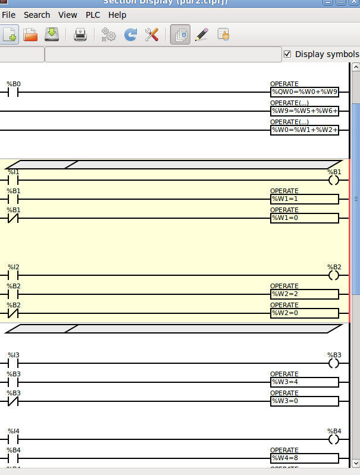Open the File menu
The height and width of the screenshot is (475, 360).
click(x=8, y=15)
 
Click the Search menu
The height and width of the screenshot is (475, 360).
click(x=37, y=15)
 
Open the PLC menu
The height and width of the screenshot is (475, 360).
click(x=93, y=15)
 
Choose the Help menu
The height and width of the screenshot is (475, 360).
click(x=117, y=15)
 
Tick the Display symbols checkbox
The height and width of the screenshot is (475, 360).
click(x=288, y=54)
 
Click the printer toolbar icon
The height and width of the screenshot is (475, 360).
click(x=80, y=35)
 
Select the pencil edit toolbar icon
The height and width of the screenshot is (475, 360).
click(x=201, y=35)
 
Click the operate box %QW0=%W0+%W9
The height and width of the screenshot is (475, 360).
click(x=304, y=92)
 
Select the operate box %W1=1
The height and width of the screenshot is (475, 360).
click(x=304, y=199)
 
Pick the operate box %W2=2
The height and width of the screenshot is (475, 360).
click(x=304, y=294)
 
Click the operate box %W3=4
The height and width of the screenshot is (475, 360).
click(x=304, y=382)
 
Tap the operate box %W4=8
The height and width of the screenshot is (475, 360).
click(x=304, y=458)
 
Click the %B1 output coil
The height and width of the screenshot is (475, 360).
click(x=334, y=180)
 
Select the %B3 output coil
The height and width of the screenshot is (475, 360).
click(x=334, y=363)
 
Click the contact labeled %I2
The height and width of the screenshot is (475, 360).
click(x=13, y=275)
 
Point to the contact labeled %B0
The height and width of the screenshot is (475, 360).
click(x=13, y=92)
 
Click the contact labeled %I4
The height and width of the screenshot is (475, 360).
click(x=13, y=439)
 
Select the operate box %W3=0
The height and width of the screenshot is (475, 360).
click(x=304, y=401)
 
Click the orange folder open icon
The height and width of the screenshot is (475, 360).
click(x=30, y=35)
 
